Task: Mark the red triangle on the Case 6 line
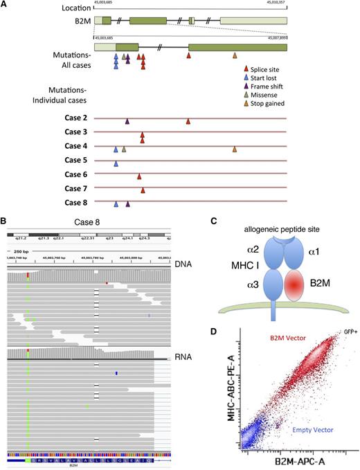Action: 139,176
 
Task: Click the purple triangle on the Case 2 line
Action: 127,121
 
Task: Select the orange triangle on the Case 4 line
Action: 235,149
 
